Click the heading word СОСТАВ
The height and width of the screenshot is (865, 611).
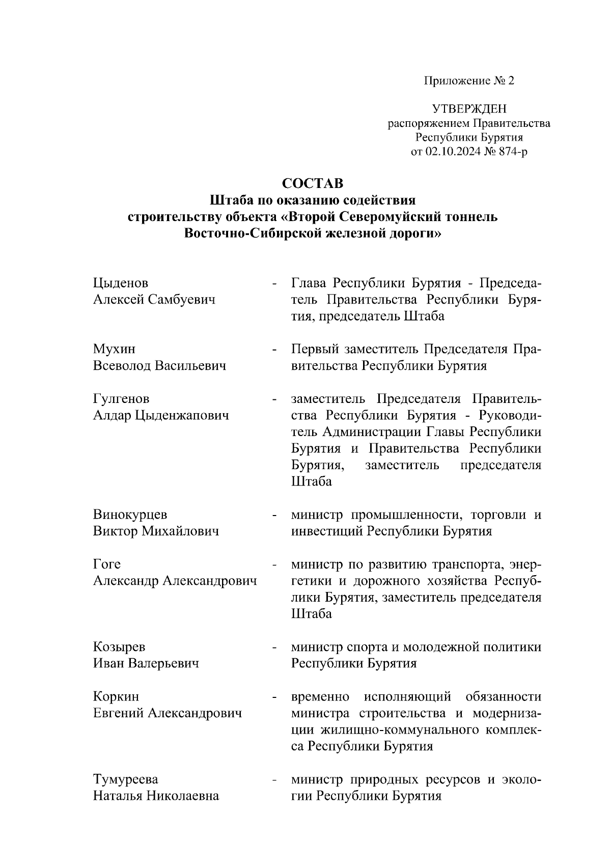tap(313, 183)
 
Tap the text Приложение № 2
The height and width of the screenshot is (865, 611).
tap(469, 80)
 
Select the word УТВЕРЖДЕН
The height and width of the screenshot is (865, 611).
tap(469, 109)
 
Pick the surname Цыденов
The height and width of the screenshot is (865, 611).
tap(121, 283)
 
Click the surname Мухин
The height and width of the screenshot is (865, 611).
tap(114, 349)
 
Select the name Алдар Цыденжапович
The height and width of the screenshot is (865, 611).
tap(161, 415)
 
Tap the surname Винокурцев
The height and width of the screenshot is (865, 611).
tap(130, 515)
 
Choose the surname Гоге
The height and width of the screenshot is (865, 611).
tap(107, 564)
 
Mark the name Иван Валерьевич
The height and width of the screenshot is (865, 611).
tap(146, 663)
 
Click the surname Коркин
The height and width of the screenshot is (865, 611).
tap(116, 696)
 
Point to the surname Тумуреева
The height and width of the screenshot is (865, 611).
tap(125, 779)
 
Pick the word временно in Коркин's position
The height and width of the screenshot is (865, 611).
tap(320, 696)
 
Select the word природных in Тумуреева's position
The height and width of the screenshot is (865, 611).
tap(381, 779)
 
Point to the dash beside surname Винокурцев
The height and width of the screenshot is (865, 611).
tap(275, 516)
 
